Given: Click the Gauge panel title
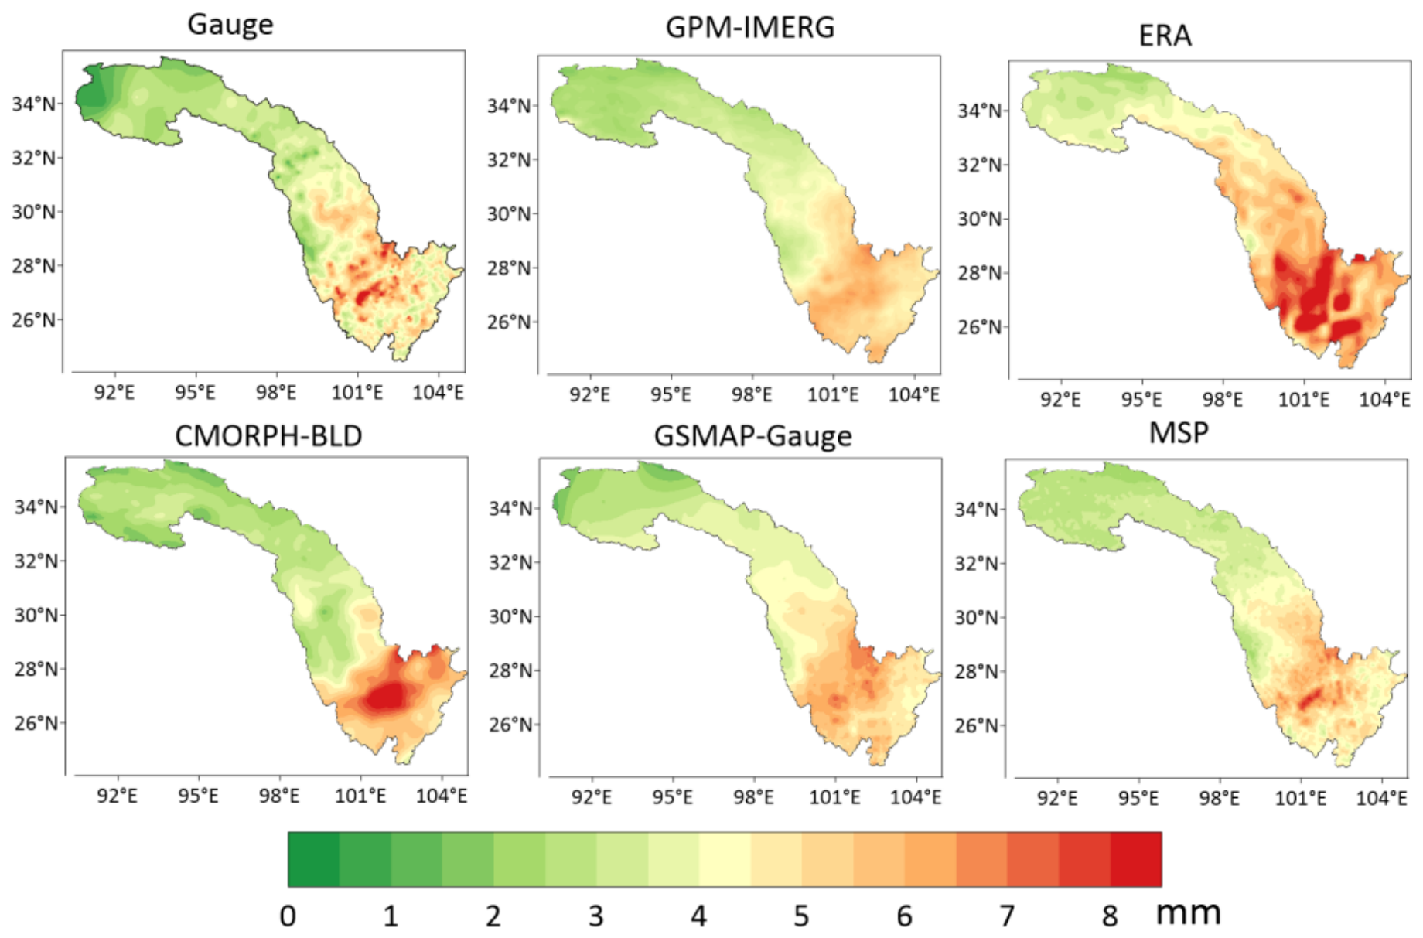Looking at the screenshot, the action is (x=230, y=25).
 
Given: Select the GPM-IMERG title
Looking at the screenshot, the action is (x=749, y=28).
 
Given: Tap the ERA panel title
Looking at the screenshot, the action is (x=1165, y=36).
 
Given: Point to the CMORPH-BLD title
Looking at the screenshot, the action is (x=268, y=436).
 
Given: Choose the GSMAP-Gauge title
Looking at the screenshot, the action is (x=752, y=436).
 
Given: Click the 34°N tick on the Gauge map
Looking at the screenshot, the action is (x=33, y=104).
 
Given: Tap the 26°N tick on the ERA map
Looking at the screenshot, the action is (x=980, y=327).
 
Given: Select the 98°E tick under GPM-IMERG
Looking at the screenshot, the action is (x=751, y=395).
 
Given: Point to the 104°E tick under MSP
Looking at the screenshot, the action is (x=1381, y=798).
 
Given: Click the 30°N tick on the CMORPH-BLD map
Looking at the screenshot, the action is (x=36, y=616).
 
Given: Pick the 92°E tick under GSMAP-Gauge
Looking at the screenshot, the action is (x=591, y=797).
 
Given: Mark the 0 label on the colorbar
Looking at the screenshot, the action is (x=288, y=916).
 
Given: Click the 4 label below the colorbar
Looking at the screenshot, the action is (x=698, y=916).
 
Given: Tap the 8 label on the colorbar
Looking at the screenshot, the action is (x=1110, y=916).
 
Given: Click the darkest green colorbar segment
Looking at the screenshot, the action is (x=313, y=859).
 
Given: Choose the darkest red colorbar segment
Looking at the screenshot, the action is (x=1136, y=859).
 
